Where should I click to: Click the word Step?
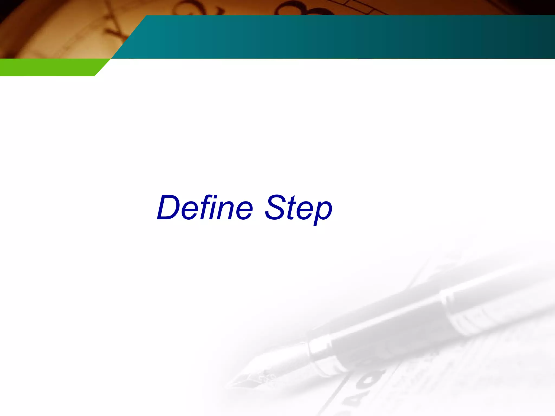click(x=298, y=209)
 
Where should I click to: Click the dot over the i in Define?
click(x=216, y=197)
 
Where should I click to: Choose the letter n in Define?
click(x=227, y=211)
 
